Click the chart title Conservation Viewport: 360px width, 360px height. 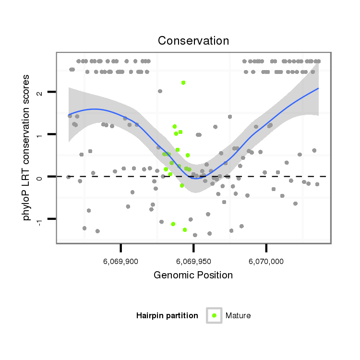click(x=193, y=41)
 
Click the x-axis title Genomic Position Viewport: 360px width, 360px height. click(x=193, y=276)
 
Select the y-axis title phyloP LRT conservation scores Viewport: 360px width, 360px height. click(x=27, y=147)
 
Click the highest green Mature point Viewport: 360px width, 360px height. click(x=183, y=83)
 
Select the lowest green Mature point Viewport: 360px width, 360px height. click(x=185, y=230)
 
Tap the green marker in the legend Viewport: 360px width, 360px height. click(x=214, y=315)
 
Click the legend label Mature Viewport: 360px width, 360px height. click(x=238, y=316)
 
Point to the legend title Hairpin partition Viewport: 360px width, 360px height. click(x=167, y=316)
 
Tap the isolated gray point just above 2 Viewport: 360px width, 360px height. click(x=160, y=91)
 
